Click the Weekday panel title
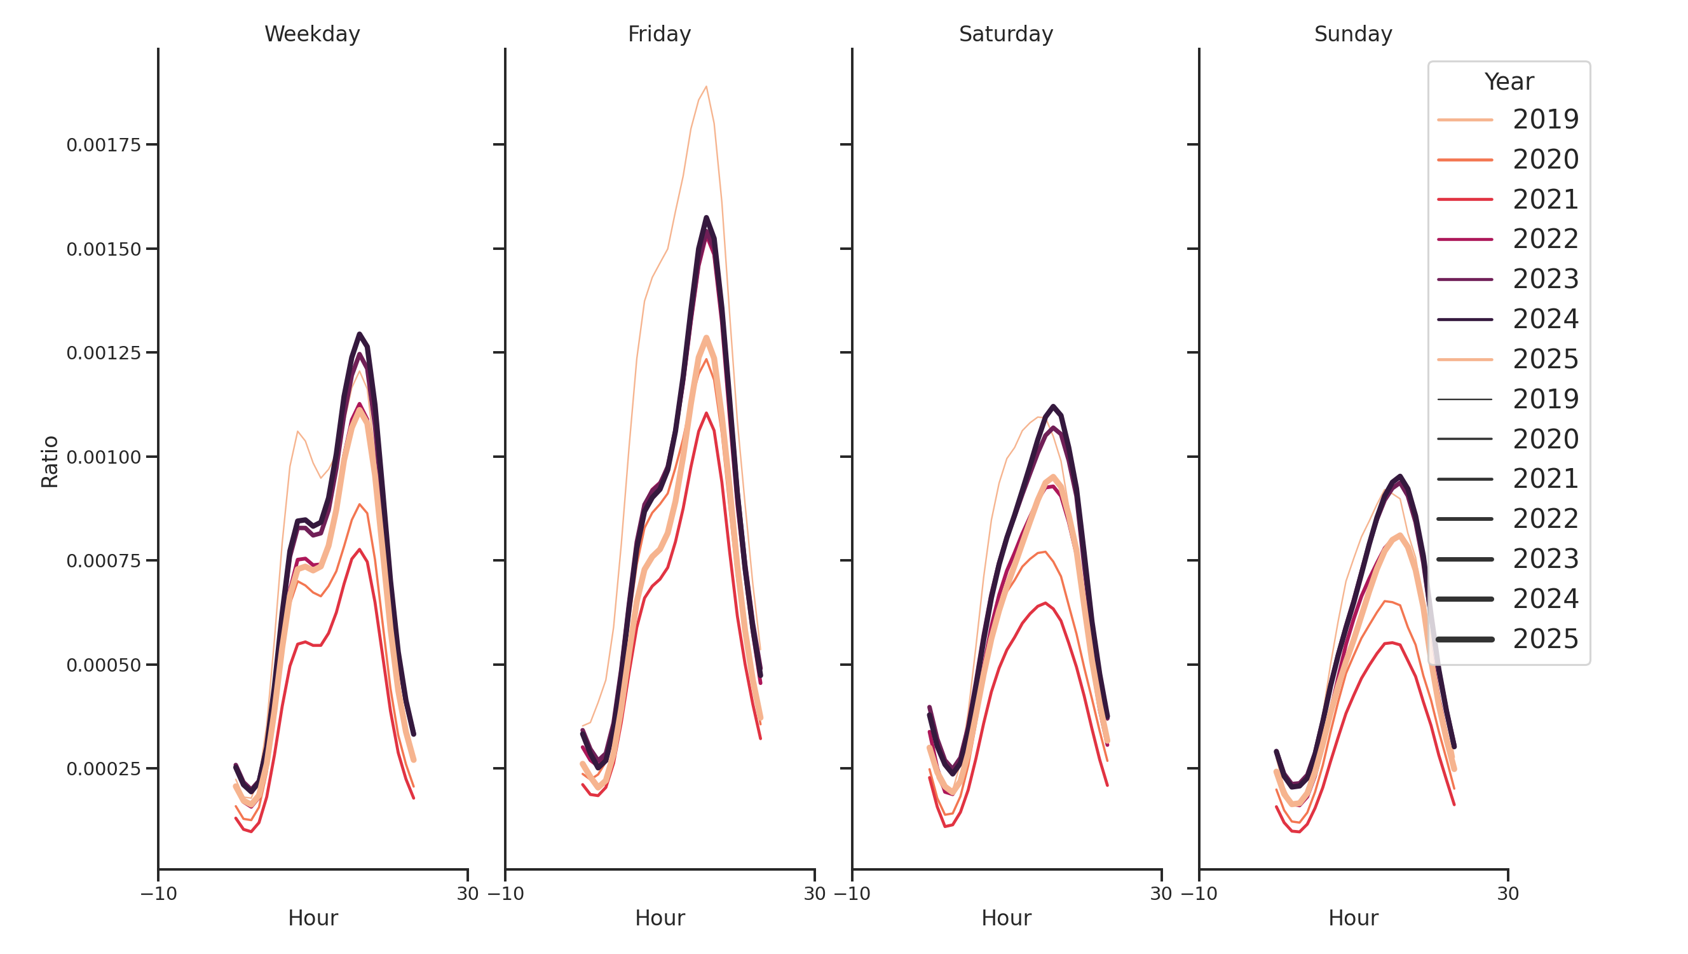pos(312,34)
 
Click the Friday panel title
pos(659,34)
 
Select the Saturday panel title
pos(1006,34)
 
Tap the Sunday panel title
pos(1353,34)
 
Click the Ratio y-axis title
pos(50,462)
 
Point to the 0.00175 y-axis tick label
pos(104,146)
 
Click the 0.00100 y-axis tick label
pos(104,458)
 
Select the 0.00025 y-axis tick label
pos(104,769)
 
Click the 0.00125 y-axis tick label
pos(104,354)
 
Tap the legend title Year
pos(1508,82)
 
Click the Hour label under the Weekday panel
pos(313,918)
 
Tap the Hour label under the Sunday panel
pos(1353,918)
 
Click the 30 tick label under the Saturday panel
pos(1160,894)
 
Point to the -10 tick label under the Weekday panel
pos(159,894)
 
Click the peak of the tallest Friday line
pos(705,86)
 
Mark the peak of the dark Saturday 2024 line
pos(1053,406)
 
